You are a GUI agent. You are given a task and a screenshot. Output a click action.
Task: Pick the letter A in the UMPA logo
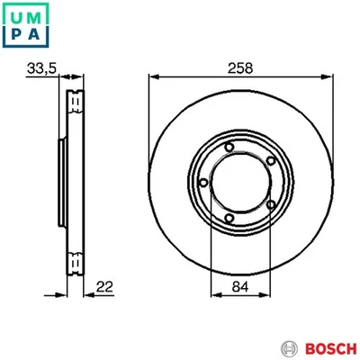[35, 34]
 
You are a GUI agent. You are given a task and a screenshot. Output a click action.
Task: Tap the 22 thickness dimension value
[106, 287]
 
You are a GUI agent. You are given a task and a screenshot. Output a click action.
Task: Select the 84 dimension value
[239, 288]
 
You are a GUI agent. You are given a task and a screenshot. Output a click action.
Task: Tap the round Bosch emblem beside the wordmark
[289, 346]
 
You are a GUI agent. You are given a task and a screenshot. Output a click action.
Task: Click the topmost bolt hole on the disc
[230, 148]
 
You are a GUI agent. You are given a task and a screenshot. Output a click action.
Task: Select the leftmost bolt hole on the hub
[204, 185]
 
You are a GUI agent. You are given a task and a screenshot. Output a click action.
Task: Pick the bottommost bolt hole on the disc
[230, 220]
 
